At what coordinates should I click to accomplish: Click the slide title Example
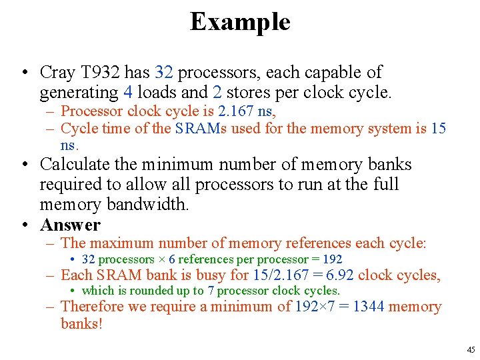tap(240, 22)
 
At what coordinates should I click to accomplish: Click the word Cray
tap(58, 72)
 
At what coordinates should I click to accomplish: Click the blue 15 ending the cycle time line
tap(438, 129)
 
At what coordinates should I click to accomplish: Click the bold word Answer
tap(70, 225)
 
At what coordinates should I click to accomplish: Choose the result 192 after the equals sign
tap(331, 259)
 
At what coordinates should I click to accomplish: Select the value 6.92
tap(337, 275)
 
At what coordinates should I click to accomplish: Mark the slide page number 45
tap(471, 350)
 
